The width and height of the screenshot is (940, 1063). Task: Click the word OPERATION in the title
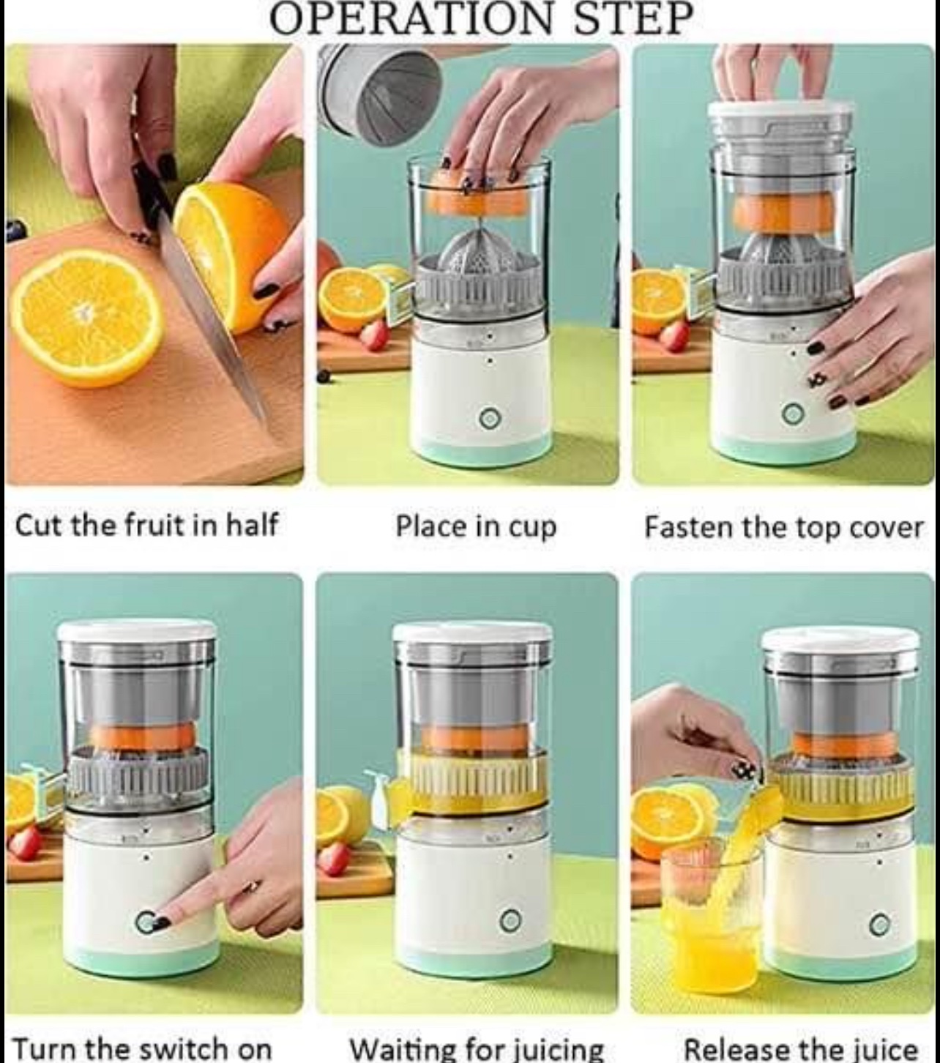pyautogui.click(x=411, y=19)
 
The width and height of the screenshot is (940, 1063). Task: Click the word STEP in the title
pyautogui.click(x=633, y=19)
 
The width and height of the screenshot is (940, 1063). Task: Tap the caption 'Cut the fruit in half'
pyautogui.click(x=146, y=526)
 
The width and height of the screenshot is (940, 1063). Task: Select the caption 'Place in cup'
pyautogui.click(x=476, y=527)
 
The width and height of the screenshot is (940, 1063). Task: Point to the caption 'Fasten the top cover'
pyautogui.click(x=783, y=527)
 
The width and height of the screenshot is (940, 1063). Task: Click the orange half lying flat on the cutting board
pyautogui.click(x=86, y=318)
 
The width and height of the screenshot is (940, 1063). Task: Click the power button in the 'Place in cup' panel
pyautogui.click(x=489, y=419)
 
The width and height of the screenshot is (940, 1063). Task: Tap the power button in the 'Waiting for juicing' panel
pyautogui.click(x=510, y=920)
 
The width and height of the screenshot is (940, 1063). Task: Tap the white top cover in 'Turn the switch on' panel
pyautogui.click(x=136, y=630)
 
